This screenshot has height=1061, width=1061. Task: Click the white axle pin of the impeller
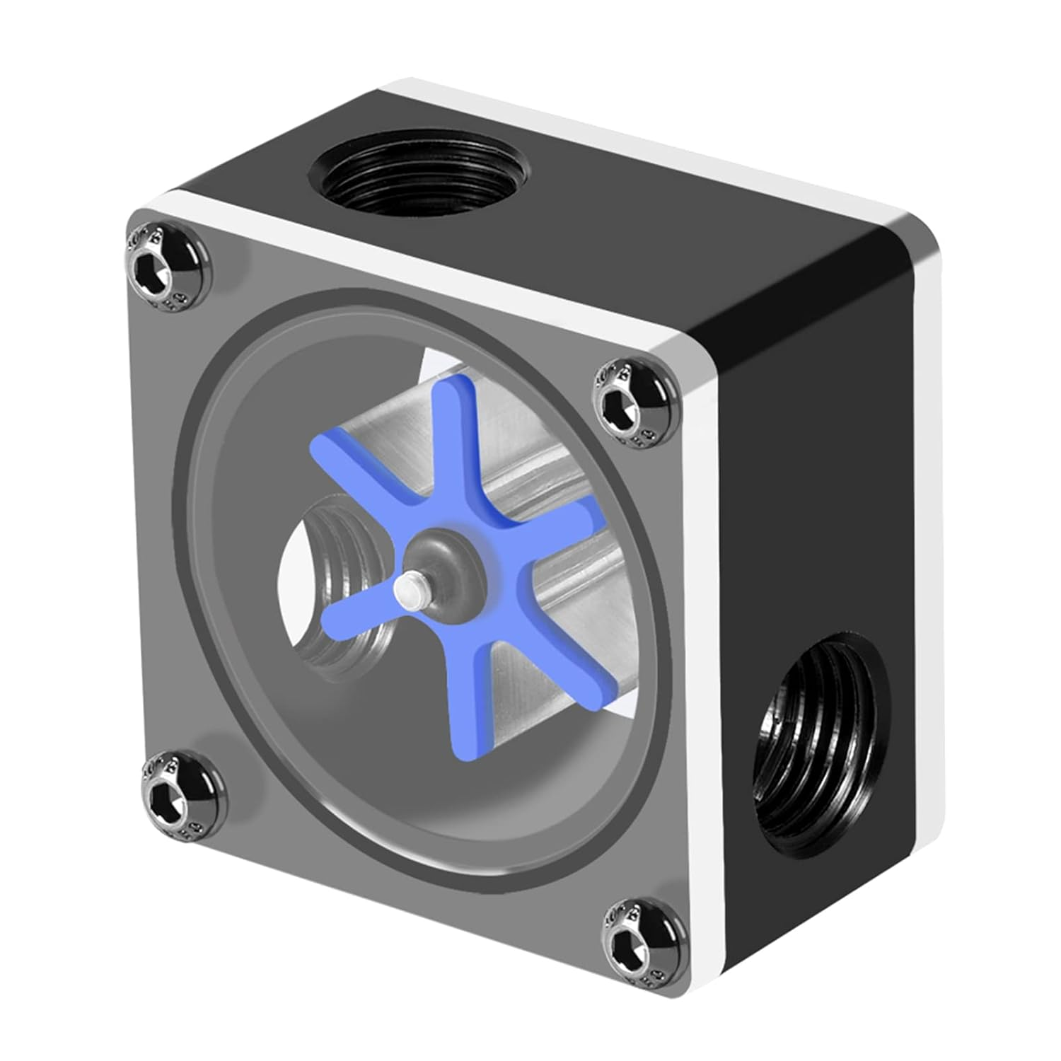[x=407, y=589]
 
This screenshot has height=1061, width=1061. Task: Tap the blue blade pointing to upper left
[x=354, y=481]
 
